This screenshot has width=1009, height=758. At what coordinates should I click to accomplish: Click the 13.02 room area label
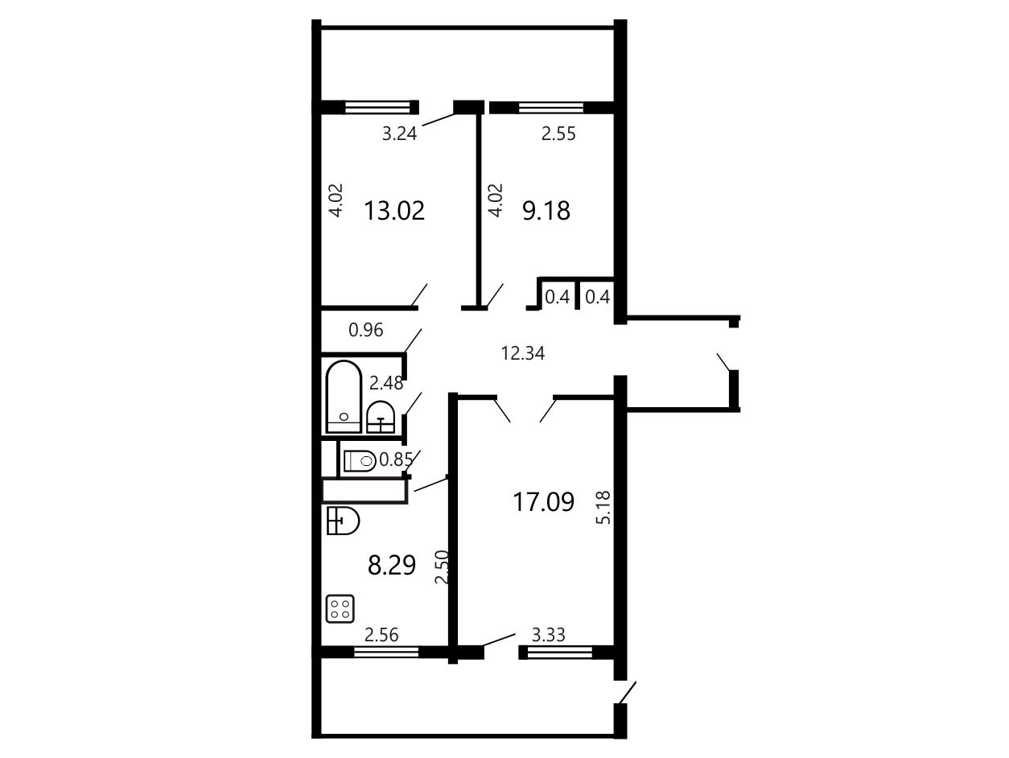click(x=394, y=211)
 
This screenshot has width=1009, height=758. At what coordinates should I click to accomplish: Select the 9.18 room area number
click(x=546, y=211)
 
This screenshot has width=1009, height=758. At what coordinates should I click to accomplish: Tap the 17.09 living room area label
click(x=543, y=501)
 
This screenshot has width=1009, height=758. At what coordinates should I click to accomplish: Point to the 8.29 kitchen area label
click(x=392, y=565)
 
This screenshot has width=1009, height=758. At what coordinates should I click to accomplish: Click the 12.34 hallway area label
click(x=523, y=353)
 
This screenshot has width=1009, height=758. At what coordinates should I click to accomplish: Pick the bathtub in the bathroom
click(x=344, y=398)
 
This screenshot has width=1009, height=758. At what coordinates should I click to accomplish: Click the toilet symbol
click(x=360, y=460)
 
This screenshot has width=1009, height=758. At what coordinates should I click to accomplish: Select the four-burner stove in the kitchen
click(x=340, y=609)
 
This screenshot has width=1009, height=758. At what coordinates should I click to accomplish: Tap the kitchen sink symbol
click(x=343, y=521)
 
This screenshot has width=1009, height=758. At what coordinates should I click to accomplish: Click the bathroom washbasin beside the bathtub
click(x=381, y=418)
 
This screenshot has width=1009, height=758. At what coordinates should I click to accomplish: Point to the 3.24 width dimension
click(x=399, y=134)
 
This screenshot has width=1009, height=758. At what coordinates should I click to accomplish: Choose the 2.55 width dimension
click(x=558, y=134)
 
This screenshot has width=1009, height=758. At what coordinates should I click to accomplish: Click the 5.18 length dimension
click(x=603, y=508)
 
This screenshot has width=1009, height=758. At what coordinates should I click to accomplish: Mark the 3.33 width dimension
click(x=549, y=635)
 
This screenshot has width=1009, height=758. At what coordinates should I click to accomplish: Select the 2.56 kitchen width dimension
click(x=381, y=635)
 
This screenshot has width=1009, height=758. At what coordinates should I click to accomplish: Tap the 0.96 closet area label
click(x=366, y=330)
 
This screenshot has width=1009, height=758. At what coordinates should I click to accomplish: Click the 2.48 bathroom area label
click(x=386, y=383)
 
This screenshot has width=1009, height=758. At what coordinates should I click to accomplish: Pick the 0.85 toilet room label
click(x=396, y=460)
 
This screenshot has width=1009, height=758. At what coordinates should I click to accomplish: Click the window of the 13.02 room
click(x=377, y=108)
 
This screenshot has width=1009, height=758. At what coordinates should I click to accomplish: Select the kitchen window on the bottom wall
click(x=386, y=653)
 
